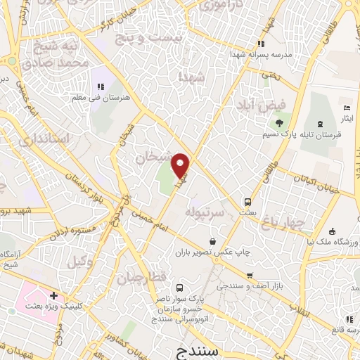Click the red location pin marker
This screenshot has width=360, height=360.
coord(181,165)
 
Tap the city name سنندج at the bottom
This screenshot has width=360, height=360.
coord(219,349)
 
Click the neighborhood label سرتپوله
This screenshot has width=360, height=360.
coord(209,211)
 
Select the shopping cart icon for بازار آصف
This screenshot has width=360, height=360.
coord(249,276)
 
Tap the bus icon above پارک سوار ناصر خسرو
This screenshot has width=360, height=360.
coord(179,288)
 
